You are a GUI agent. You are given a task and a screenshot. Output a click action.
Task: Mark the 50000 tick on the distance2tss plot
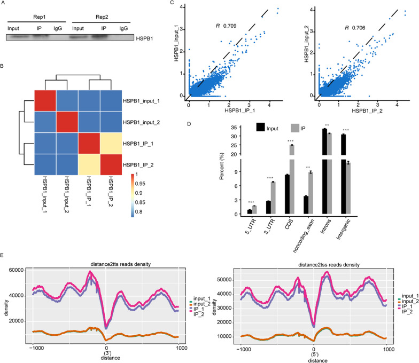[230, 279]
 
